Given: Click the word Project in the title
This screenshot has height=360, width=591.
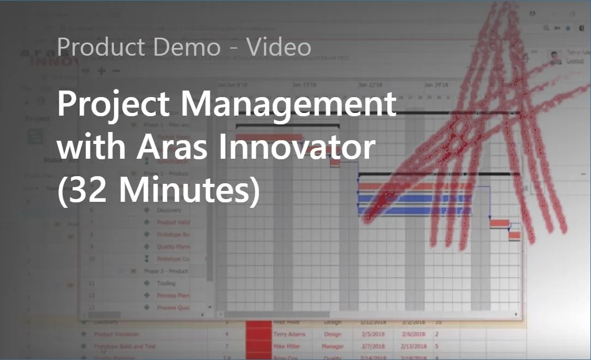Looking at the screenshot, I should (x=114, y=104).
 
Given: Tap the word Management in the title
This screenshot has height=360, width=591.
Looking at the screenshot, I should (x=287, y=104).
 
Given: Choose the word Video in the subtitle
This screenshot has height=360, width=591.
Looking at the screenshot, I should (x=278, y=47).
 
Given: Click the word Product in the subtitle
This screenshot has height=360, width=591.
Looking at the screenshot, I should (x=101, y=47).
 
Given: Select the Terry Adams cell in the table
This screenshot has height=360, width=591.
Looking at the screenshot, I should (x=290, y=334).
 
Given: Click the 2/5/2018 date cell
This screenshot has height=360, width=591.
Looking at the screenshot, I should (x=371, y=334).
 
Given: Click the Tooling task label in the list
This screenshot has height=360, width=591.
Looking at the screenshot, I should (x=166, y=283).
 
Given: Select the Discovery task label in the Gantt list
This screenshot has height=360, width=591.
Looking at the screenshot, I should (x=168, y=210).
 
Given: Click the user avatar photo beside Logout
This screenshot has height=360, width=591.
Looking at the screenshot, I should (x=555, y=57).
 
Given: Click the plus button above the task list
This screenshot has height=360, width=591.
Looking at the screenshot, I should (x=101, y=71).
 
